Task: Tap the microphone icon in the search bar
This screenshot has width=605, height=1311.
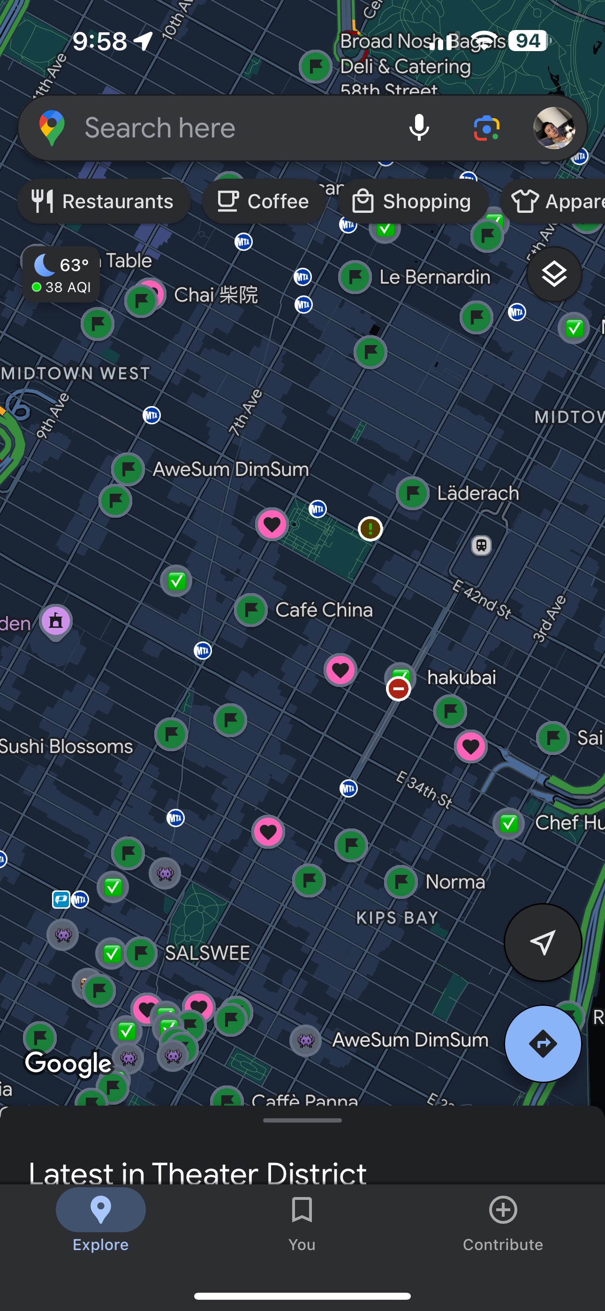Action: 419,127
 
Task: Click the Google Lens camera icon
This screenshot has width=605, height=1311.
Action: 486,127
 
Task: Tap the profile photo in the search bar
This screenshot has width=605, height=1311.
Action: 553,128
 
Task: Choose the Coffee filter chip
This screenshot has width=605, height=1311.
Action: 264,201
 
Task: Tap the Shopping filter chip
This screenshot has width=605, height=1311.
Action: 413,201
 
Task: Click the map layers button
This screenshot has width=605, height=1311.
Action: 554,274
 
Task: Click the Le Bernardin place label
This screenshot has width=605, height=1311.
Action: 434,277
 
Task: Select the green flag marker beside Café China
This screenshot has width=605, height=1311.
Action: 251,609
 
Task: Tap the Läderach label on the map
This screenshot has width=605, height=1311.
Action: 478,493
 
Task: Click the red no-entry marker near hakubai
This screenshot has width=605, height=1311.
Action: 398,689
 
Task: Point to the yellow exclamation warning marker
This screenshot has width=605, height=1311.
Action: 370,529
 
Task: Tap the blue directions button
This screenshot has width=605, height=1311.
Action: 543,1044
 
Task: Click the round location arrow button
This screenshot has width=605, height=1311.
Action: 543,942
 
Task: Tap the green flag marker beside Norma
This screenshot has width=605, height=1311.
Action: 401,881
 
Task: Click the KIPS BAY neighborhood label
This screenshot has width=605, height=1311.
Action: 397,918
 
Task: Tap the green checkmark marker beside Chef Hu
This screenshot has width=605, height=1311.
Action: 509,822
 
